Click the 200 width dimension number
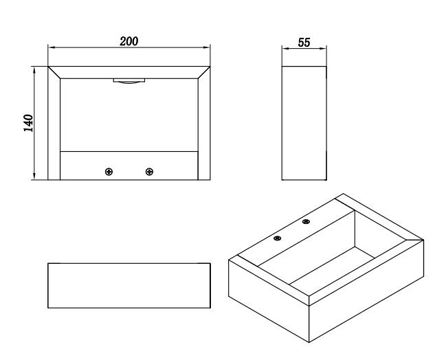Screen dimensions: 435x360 coord(129,41)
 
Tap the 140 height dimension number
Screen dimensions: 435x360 coord(28,123)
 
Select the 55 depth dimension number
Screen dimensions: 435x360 coord(304,43)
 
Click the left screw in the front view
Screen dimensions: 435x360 coord(109,172)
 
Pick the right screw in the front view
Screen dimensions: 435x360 coord(149,172)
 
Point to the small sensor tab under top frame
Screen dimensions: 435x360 coord(129,80)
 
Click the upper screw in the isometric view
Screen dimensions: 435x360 coord(306,222)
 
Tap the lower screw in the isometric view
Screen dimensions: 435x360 coord(278,238)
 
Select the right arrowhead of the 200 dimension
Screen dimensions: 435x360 coord(207,47)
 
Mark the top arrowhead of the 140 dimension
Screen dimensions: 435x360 coord(34,70)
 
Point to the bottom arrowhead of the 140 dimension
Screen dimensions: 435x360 coord(34,176)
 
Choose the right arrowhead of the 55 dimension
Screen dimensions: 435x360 coord(323,49)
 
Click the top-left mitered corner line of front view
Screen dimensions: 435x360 coord(54,72)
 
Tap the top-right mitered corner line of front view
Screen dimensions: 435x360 coord(204,72)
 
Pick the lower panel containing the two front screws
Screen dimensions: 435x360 coord(129,166)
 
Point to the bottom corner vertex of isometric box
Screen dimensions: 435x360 coord(309,343)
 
